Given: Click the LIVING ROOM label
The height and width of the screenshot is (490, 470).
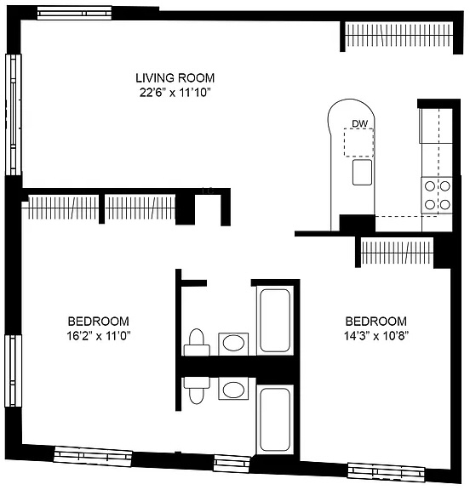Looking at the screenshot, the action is pyautogui.click(x=175, y=77).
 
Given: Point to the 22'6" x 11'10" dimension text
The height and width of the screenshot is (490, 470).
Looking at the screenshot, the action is pyautogui.click(x=175, y=93).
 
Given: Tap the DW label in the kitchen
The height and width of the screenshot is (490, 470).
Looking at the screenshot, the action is pyautogui.click(x=359, y=123).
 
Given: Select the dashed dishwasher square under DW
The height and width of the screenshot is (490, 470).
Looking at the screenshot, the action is pyautogui.click(x=358, y=142).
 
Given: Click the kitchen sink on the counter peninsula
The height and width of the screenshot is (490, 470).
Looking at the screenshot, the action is pyautogui.click(x=362, y=172).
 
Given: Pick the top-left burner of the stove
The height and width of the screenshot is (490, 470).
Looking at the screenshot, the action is pyautogui.click(x=430, y=186).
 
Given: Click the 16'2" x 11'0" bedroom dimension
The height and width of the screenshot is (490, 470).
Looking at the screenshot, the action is pyautogui.click(x=98, y=336).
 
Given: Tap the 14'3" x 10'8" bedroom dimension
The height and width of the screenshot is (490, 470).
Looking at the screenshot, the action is pyautogui.click(x=376, y=336).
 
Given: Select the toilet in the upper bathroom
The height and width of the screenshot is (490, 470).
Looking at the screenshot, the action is pyautogui.click(x=197, y=342).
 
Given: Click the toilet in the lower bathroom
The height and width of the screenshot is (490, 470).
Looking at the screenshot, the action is pyautogui.click(x=197, y=390).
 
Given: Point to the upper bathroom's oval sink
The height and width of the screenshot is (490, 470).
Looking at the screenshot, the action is pyautogui.click(x=233, y=343).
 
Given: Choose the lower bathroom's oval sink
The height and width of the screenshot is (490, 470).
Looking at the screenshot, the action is pyautogui.click(x=233, y=390).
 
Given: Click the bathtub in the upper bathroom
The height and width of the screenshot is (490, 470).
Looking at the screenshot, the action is pyautogui.click(x=275, y=321).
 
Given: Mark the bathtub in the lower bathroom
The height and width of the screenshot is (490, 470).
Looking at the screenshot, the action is pyautogui.click(x=275, y=419).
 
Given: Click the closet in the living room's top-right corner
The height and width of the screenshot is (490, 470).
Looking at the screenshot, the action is pyautogui.click(x=398, y=34).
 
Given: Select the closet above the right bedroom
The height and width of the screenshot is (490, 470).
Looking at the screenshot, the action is pyautogui.click(x=397, y=252).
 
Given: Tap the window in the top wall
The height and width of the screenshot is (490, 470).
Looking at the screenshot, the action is pyautogui.click(x=74, y=13).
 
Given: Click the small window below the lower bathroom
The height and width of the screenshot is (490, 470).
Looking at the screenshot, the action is pyautogui.click(x=232, y=464).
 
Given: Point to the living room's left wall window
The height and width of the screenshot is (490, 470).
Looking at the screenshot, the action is pyautogui.click(x=14, y=115).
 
